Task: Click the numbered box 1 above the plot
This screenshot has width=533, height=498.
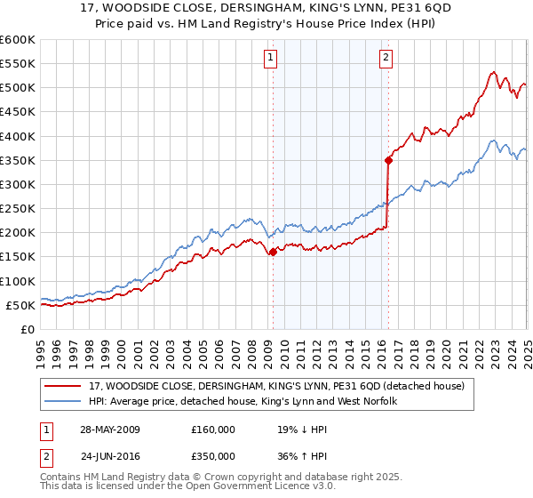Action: (269, 59)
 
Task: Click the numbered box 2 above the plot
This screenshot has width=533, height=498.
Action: (386, 59)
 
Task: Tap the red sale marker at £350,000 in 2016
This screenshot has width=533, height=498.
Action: (388, 160)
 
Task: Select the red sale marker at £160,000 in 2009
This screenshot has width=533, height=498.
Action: (273, 252)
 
